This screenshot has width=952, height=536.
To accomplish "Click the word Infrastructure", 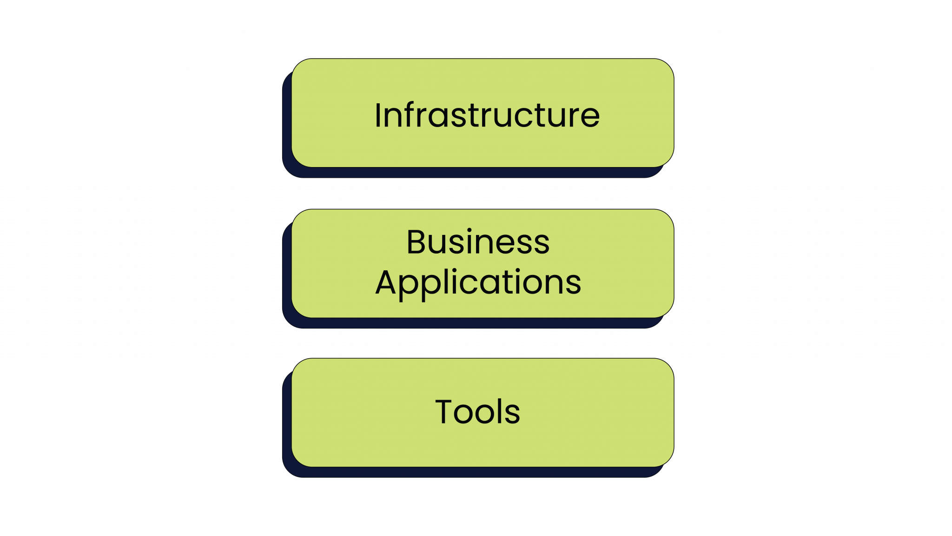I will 487,115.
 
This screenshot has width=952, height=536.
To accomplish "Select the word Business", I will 478,242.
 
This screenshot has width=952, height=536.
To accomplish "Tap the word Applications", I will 478,283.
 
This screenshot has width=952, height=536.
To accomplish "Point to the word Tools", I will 477,412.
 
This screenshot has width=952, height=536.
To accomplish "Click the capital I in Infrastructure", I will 378,115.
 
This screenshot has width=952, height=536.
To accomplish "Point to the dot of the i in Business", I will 469,230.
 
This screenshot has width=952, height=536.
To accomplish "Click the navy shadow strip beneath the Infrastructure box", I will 474,172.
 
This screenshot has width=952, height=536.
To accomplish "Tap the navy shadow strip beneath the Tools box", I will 474,472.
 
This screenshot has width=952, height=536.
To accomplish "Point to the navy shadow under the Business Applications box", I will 474,323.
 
